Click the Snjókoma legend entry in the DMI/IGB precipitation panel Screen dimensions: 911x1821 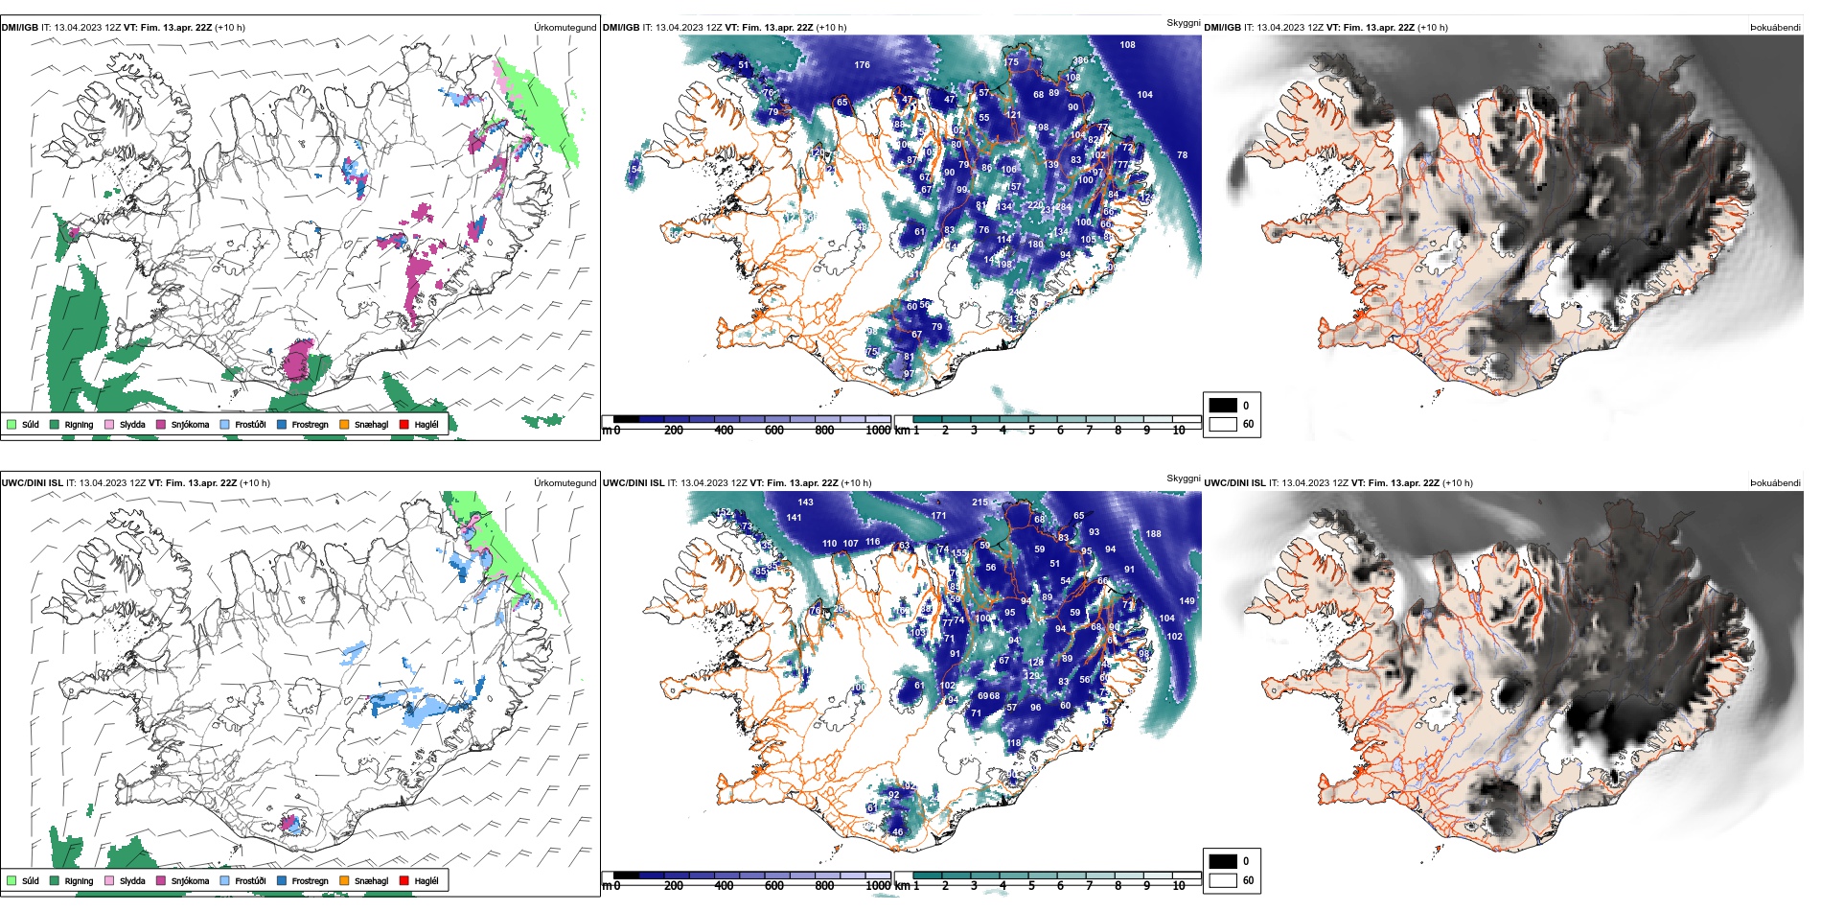pos(190,425)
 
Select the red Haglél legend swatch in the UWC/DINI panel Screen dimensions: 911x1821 pos(403,880)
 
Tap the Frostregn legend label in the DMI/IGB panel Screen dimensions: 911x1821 pos(310,425)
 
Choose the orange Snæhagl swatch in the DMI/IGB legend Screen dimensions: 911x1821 pos(344,424)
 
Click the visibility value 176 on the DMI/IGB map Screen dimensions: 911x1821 pos(862,65)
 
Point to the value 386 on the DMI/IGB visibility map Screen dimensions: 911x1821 pos(1080,61)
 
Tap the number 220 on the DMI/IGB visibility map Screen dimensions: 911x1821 pos(1035,205)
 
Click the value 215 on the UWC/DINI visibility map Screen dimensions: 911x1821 pos(980,502)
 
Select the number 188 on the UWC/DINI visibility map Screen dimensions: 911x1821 pos(1153,534)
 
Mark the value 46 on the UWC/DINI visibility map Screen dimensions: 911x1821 pos(897,832)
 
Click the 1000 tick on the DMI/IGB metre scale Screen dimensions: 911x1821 pos(878,431)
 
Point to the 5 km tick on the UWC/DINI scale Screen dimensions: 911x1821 pos(1031,886)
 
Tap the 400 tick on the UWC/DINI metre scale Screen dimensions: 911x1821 pos(724,886)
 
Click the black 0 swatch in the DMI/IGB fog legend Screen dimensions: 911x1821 pos(1223,406)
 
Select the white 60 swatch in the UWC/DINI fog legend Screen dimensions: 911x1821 pos(1223,880)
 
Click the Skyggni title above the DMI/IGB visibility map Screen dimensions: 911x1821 pos(1183,23)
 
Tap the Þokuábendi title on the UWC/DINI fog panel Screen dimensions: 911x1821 pos(1775,483)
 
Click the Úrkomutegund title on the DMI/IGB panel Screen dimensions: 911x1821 pos(565,28)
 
